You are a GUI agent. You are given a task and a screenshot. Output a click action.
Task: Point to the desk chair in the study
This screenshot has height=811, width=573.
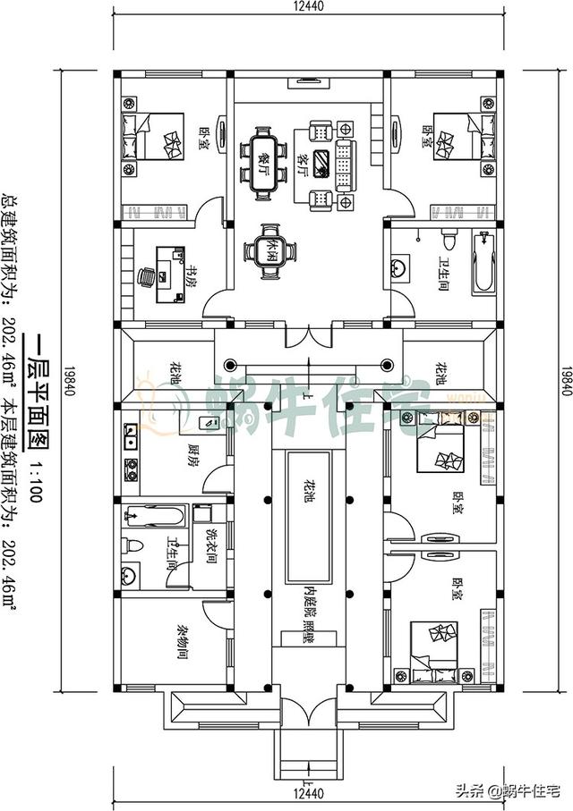[x=147, y=277]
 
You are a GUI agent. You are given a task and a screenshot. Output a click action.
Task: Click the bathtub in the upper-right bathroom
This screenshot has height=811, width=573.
[x=483, y=261]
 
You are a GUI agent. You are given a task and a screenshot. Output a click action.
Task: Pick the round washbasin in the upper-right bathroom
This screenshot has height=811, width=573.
[x=400, y=266]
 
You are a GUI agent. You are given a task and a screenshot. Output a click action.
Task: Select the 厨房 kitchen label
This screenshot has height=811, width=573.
[x=192, y=454]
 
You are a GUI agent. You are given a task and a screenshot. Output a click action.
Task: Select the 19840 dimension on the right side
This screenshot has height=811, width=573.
[x=565, y=381]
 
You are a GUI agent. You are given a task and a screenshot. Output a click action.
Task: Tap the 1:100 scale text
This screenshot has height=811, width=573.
[x=36, y=485]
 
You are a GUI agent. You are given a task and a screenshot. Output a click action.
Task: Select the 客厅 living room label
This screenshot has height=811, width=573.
[x=304, y=165]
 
